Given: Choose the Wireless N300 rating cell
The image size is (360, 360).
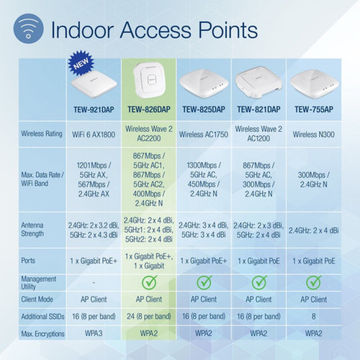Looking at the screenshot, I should tap(314, 133).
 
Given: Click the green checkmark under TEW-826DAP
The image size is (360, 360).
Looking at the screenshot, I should tap(150, 282).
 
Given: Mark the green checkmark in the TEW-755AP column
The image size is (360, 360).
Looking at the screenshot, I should tap(314, 282).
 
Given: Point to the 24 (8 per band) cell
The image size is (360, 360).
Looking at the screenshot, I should tap(150, 316).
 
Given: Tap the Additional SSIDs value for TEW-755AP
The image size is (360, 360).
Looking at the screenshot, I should tap(314, 316).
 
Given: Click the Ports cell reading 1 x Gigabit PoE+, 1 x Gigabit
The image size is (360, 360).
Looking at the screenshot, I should tap(150, 261).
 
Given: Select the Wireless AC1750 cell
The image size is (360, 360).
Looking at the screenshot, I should tap(204, 133).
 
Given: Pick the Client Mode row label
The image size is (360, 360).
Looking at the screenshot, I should tap(40, 299).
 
